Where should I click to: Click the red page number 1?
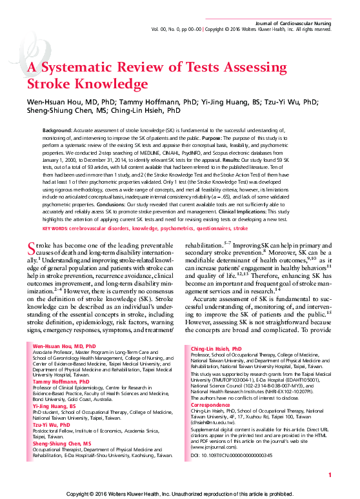coord(329,475)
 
